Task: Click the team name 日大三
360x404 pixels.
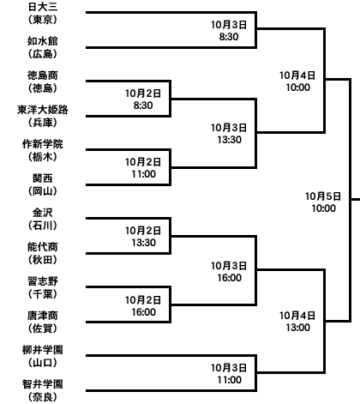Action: [43, 7]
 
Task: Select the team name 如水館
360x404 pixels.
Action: [43, 41]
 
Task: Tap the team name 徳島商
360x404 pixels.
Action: [43, 75]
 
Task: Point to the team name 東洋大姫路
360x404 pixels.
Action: [43, 110]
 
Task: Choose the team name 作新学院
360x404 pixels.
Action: [43, 144]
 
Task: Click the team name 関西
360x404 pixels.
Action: [43, 178]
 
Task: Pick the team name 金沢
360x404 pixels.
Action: [43, 213]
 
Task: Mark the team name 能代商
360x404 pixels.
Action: [43, 247]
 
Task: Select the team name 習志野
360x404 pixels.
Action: [43, 281]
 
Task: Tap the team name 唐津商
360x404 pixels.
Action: [43, 316]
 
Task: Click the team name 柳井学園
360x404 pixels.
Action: [43, 350]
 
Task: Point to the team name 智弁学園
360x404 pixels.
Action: [43, 384]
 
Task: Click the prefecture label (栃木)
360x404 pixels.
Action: [43, 157]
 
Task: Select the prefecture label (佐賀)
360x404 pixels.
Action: [43, 329]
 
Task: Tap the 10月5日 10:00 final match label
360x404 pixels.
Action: [323, 202]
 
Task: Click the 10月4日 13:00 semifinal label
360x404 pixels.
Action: [297, 322]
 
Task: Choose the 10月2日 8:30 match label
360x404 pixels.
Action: [143, 99]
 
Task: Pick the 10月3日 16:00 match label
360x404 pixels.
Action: [229, 272]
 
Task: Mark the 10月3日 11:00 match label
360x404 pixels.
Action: [229, 374]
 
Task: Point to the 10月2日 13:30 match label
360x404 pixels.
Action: [143, 237]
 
